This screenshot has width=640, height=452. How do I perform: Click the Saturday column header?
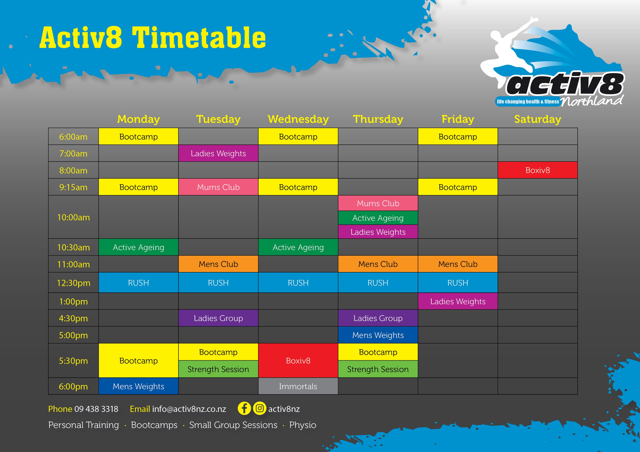point(537,119)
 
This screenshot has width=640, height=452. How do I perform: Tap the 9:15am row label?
point(73,187)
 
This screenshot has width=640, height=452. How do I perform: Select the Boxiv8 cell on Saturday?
point(537,170)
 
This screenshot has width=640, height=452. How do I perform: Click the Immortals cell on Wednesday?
point(298,386)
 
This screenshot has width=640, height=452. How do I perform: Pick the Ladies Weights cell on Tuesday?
point(218,153)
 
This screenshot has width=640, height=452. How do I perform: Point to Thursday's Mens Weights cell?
point(378,335)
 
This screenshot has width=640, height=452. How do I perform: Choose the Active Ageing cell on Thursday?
point(378,218)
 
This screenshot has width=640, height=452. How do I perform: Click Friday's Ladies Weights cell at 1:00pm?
point(458,301)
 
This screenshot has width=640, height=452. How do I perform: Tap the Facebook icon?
point(244,409)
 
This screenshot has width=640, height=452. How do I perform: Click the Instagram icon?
point(260,409)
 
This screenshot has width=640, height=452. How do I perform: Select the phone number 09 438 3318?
point(96,409)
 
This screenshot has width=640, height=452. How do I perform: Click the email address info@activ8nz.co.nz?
point(189,409)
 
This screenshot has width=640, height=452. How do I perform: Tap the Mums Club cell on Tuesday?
point(218,187)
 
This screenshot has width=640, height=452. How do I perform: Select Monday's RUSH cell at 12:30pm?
point(139,283)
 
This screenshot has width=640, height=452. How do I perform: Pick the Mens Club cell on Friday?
point(458,264)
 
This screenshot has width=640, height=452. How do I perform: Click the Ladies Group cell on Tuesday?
point(218,318)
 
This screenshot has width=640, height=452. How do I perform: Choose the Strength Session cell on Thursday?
point(378,369)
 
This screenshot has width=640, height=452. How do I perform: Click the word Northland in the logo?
point(591,101)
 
